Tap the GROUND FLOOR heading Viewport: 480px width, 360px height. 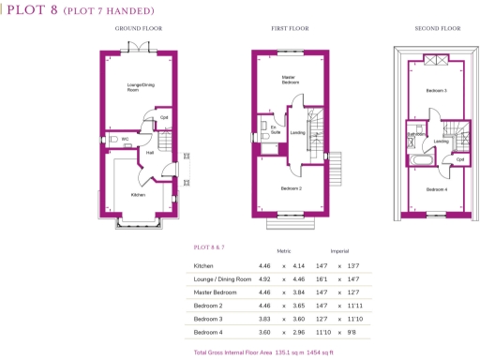(139, 29)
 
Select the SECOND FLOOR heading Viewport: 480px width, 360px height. (438, 29)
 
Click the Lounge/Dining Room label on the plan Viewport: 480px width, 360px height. (141, 87)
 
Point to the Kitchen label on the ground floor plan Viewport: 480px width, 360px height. (138, 195)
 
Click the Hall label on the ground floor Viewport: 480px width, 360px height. (149, 152)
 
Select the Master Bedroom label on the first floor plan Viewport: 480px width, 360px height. (291, 80)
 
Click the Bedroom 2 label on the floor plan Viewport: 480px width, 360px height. (292, 188)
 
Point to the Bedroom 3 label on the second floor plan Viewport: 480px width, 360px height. (436, 90)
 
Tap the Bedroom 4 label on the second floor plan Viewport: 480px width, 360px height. (436, 190)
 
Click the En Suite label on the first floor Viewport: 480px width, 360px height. (276, 132)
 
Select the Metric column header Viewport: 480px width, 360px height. (284, 251)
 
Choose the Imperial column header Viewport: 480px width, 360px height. (338, 251)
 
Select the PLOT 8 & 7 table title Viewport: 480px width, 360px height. (210, 247)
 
